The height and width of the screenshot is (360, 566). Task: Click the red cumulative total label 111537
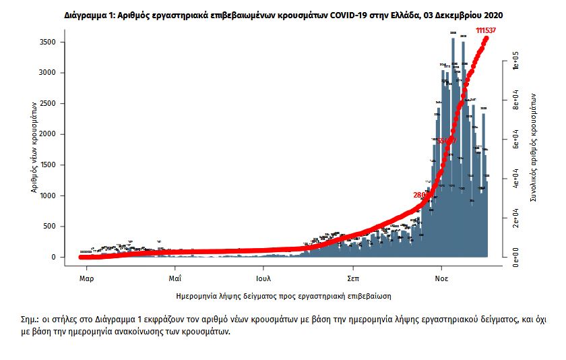pos(489,31)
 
